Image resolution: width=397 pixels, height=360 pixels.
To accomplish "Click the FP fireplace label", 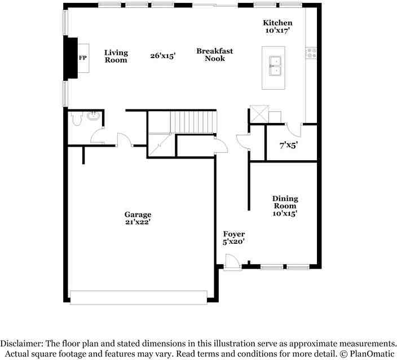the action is pyautogui.click(x=83, y=58).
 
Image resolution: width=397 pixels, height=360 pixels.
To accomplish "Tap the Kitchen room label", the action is pyautogui.click(x=277, y=23).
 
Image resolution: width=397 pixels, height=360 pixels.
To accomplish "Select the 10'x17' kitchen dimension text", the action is pyautogui.click(x=277, y=30).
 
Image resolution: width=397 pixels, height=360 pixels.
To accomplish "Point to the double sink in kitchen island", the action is pyautogui.click(x=275, y=66).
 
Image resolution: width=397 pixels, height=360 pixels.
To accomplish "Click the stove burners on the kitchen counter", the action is pyautogui.click(x=311, y=53).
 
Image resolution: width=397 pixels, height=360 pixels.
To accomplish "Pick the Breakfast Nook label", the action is pyautogui.click(x=215, y=55).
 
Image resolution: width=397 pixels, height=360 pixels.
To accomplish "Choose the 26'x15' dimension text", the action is pyautogui.click(x=163, y=55).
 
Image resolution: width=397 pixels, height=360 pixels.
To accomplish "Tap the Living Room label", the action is pyautogui.click(x=116, y=56).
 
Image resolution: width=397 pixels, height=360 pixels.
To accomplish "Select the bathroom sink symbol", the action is pyautogui.click(x=94, y=116).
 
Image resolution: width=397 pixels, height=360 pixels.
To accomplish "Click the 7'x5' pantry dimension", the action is pyautogui.click(x=289, y=145).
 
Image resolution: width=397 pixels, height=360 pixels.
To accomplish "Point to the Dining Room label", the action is pyautogui.click(x=285, y=202).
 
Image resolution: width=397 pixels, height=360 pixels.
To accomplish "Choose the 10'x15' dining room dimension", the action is pyautogui.click(x=285, y=213).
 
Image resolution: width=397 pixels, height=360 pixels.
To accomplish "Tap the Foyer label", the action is pyautogui.click(x=233, y=234).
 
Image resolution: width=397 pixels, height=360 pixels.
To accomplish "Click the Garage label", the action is pyautogui.click(x=138, y=214).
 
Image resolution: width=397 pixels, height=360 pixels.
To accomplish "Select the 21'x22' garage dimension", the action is pyautogui.click(x=138, y=222).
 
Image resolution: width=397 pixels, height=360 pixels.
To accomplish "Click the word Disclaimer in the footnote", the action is pyautogui.click(x=22, y=344).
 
